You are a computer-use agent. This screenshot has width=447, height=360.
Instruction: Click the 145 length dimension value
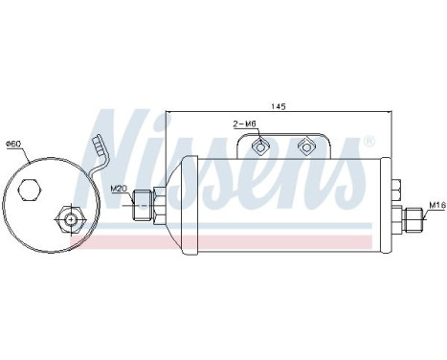pos(279,106)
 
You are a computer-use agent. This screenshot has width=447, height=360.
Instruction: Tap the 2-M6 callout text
pos(245,124)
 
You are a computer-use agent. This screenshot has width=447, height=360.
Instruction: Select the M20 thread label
pos(118,189)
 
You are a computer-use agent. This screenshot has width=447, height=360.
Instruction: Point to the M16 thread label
pos(436,205)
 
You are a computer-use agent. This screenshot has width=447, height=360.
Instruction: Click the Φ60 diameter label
pos(13,144)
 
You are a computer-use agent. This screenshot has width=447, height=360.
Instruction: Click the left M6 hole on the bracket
pos(260,146)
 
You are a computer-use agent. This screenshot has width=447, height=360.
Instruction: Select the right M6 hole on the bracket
pos(305,146)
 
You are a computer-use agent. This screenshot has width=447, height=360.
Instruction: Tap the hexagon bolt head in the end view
pos(30,191)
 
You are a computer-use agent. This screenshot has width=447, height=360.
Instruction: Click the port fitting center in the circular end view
pos(70,219)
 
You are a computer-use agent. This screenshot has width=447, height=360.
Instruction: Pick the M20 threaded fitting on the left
pos(142,205)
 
